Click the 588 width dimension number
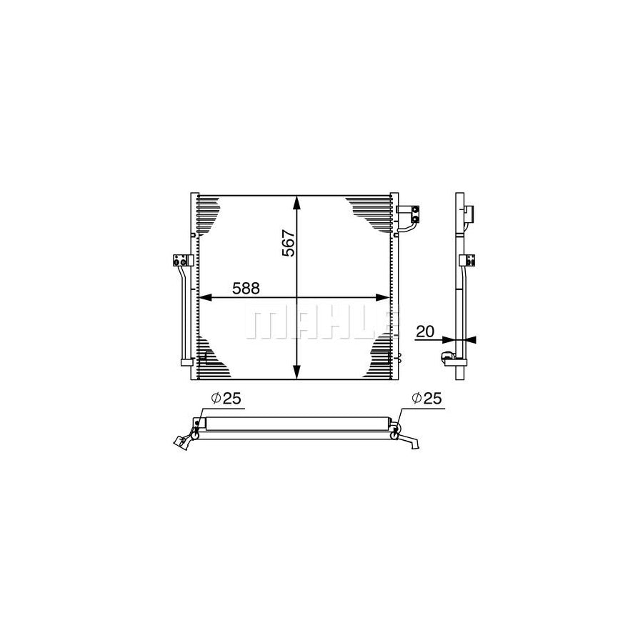(246, 289)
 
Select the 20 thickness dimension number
(425, 332)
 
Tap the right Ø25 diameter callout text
(427, 398)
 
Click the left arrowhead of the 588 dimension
(205, 298)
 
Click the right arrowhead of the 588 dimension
(383, 298)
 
